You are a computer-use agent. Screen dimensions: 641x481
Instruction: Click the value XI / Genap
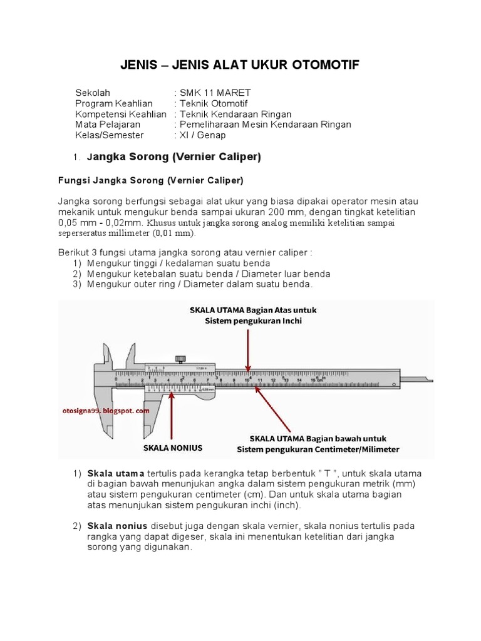tap(202, 135)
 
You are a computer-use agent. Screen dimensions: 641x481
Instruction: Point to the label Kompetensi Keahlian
tap(120, 114)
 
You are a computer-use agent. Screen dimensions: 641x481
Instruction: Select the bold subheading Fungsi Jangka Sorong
tap(147, 181)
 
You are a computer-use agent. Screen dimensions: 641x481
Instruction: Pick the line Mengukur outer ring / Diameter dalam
tap(199, 285)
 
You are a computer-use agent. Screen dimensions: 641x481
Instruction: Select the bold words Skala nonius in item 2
tap(119, 525)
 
